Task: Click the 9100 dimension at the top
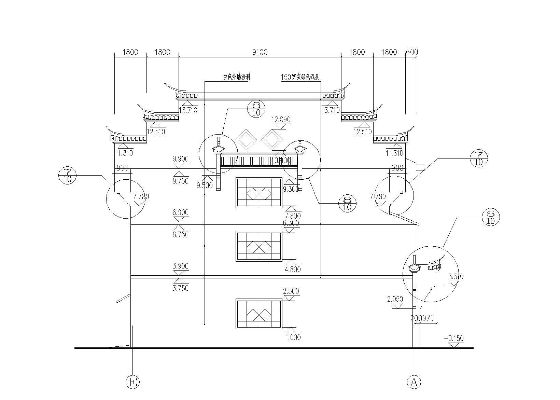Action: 260,52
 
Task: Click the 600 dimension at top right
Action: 412,52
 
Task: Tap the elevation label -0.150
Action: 453,339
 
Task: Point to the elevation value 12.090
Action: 281,120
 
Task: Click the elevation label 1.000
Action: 293,337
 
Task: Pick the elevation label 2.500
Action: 291,291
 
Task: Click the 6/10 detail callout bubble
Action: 490,217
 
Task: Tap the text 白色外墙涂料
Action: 237,78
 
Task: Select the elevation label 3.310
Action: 456,277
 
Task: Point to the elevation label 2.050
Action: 395,300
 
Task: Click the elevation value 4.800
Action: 292,269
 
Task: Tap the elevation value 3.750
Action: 181,288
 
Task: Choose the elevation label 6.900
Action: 181,212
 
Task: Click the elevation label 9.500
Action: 205,185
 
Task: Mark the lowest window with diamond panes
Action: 259,314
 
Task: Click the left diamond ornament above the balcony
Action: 246,139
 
